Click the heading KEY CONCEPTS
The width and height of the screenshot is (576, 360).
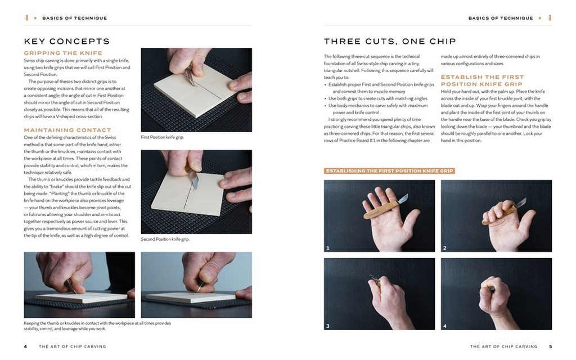point(67,41)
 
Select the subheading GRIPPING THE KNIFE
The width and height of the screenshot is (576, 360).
point(63,53)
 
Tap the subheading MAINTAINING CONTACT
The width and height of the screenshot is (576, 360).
point(67,130)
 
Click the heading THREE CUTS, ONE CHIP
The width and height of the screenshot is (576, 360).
point(390,41)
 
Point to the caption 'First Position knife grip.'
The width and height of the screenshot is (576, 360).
point(163,137)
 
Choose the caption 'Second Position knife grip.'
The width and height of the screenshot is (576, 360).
point(165,239)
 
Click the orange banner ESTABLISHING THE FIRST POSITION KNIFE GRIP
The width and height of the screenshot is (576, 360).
point(389,171)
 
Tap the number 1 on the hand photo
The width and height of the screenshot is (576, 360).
point(328,248)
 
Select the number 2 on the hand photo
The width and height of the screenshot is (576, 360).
point(445,248)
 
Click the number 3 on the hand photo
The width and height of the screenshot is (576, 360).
point(328,326)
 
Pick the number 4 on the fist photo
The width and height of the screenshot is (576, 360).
point(445,326)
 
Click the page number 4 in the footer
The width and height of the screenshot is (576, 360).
point(25,346)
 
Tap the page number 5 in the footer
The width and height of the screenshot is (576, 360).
point(550,346)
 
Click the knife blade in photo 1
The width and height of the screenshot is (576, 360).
point(402,199)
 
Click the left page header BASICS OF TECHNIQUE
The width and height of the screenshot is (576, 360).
point(75,18)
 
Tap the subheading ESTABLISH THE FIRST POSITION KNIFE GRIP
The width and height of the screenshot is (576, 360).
point(482,80)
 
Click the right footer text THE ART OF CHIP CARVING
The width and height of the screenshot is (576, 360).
point(503,346)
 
